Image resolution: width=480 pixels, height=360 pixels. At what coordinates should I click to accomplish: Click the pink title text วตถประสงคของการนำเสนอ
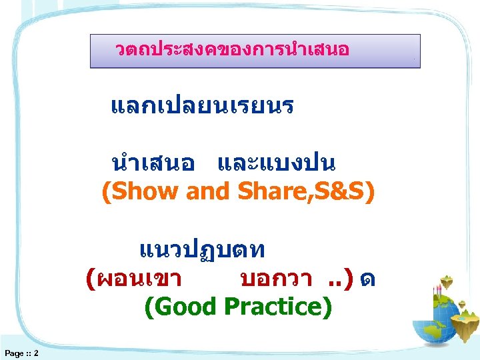[232, 50]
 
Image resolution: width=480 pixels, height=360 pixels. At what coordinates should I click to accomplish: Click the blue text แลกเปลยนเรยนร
[202, 106]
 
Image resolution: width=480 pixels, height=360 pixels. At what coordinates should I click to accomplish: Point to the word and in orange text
[207, 192]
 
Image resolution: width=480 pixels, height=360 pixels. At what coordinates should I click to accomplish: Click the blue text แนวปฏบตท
[203, 250]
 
